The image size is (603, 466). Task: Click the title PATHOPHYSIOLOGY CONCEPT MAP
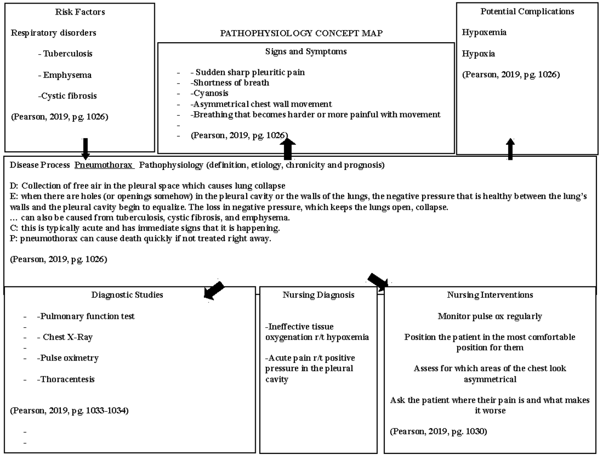pos(301,34)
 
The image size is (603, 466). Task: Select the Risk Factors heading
pos(80,12)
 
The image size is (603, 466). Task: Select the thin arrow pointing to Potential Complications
pos(511,149)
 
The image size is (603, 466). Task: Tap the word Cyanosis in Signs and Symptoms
pos(210,94)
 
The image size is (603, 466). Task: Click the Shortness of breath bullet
pos(230,83)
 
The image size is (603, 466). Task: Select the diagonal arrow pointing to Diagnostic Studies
pos(213,291)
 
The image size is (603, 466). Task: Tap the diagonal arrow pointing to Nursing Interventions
pos(379,282)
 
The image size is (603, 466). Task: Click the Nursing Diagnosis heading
pos(318,295)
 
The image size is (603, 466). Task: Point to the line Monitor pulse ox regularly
pos(489,316)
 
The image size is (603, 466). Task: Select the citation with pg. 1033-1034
pos(69,411)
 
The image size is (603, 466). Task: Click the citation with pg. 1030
pos(438,431)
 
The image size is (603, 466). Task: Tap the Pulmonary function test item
pos(85,316)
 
